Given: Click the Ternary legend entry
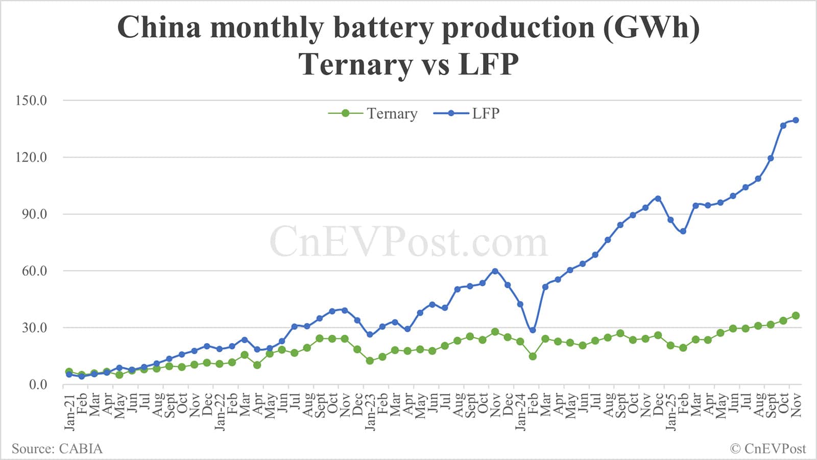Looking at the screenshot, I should (373, 113).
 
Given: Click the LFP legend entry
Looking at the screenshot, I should (467, 113).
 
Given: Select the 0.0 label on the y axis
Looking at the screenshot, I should (37, 384).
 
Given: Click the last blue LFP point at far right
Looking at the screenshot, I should (796, 120).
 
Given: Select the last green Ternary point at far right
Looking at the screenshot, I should (796, 316).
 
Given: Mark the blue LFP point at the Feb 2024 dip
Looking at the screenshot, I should (533, 330).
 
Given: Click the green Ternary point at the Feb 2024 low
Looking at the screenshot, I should (533, 356).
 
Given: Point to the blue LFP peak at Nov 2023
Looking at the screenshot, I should (495, 271).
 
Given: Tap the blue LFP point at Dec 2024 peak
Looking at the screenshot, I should (658, 199).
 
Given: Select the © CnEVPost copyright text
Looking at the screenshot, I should (767, 449).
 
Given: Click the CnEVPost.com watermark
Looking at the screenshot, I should (408, 243).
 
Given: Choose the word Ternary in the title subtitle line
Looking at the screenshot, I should (356, 65).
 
